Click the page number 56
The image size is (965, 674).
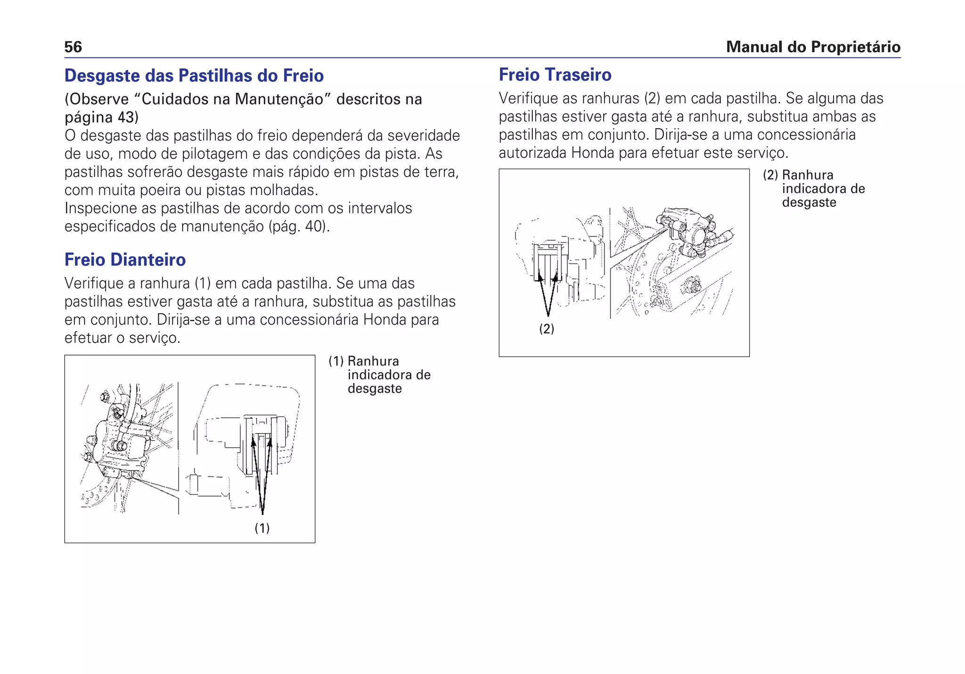(x=73, y=47)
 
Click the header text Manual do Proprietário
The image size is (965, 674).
(x=813, y=47)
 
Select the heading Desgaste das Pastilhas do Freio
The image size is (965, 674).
(x=194, y=76)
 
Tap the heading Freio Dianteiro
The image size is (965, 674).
(x=125, y=260)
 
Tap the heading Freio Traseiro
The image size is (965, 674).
(x=555, y=75)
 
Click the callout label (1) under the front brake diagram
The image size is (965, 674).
(x=262, y=528)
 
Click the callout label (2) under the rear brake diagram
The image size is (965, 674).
(x=547, y=329)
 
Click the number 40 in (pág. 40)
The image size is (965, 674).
(x=314, y=227)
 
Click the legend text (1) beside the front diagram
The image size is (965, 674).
(x=335, y=361)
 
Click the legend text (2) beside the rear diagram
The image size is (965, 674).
(x=770, y=175)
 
